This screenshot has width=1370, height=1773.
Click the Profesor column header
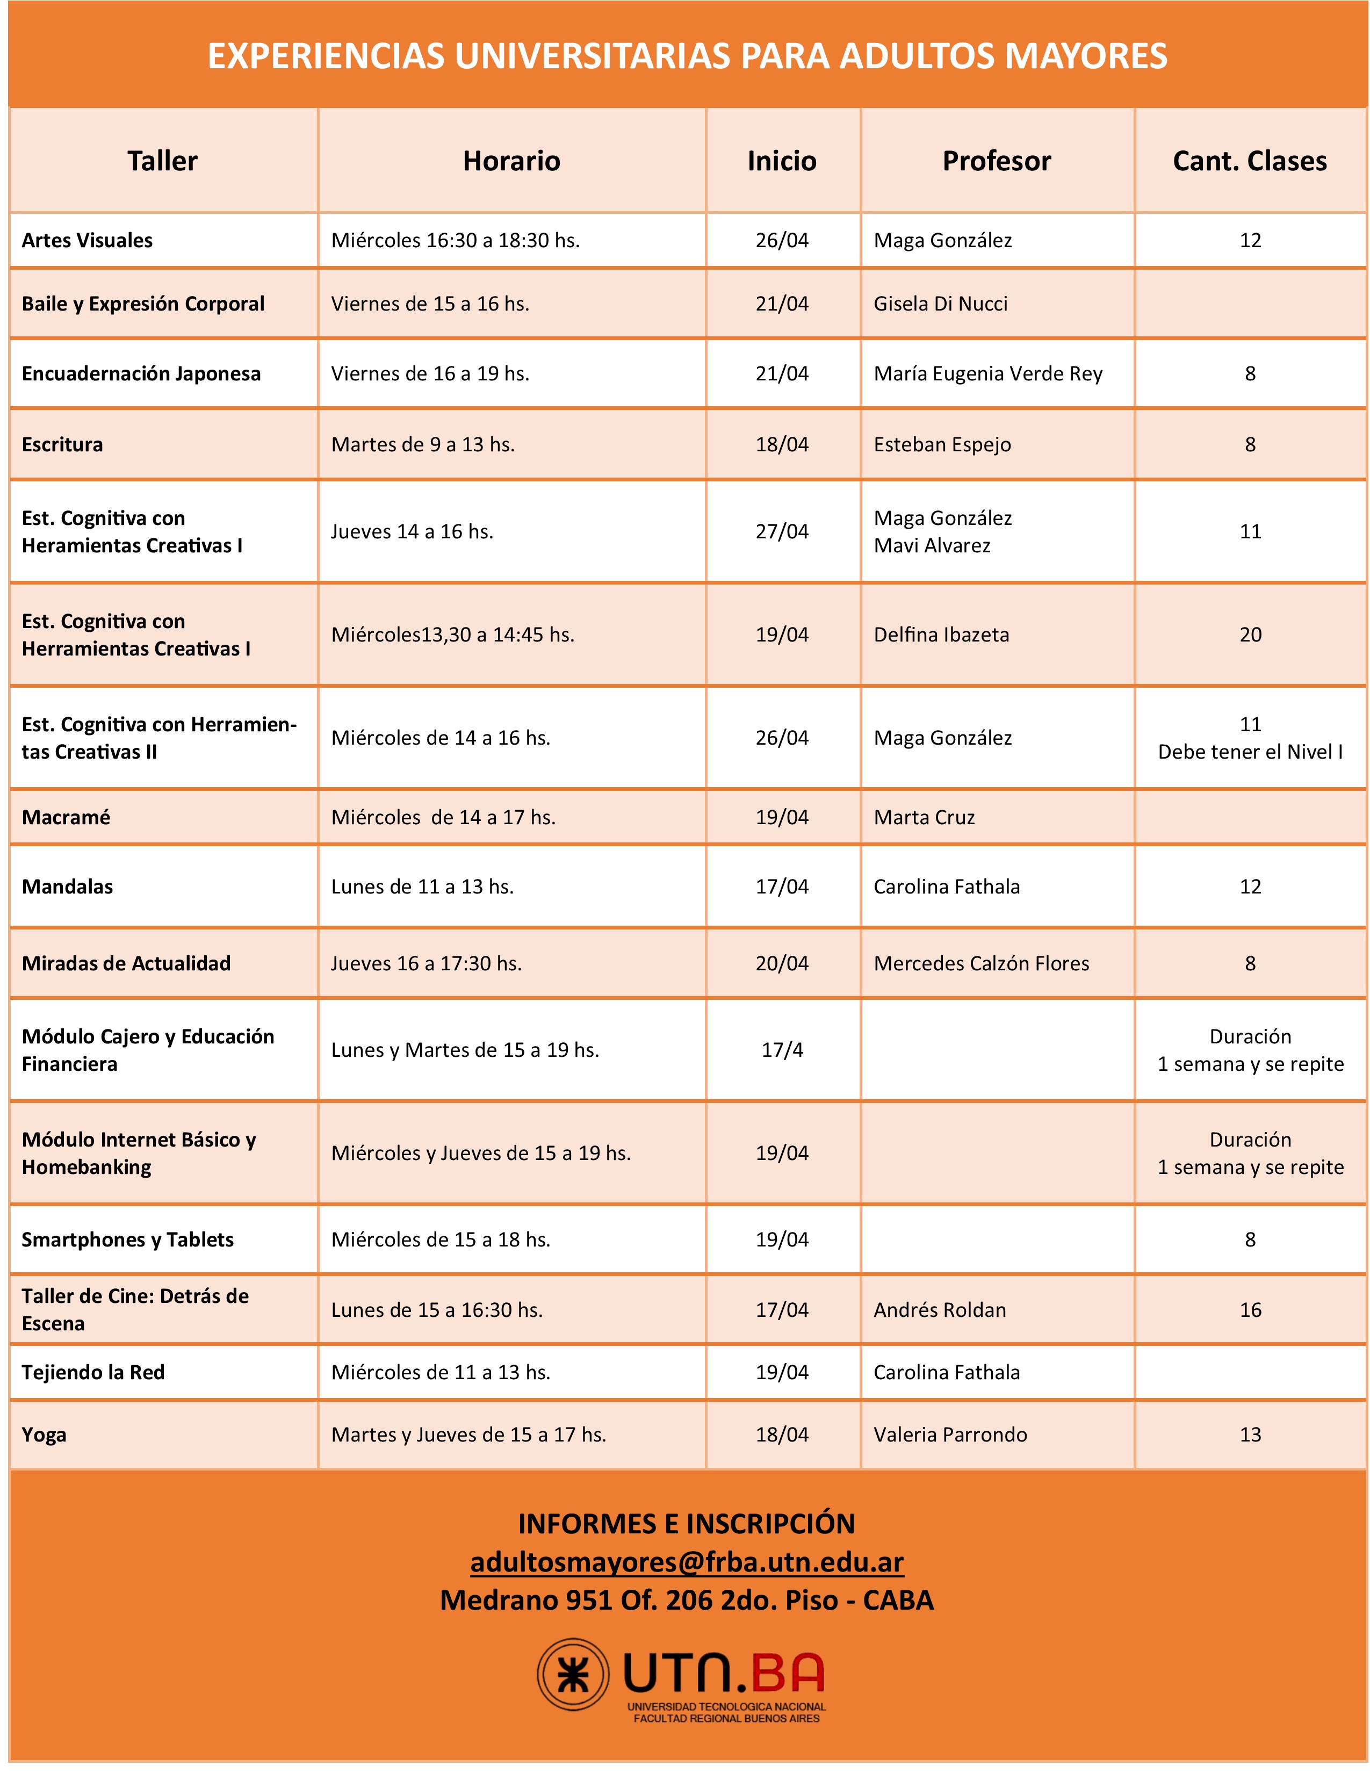coord(996,161)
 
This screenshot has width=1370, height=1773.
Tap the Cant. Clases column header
coord(1249,161)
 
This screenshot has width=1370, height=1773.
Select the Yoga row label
coord(44,1435)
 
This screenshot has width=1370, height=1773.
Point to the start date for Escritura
coord(782,444)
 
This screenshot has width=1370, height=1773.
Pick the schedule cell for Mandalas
coord(422,886)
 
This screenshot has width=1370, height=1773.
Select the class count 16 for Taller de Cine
coord(1250,1309)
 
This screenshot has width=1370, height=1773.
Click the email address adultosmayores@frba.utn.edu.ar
coord(687,1561)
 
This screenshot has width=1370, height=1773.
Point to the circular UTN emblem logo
coord(573,1675)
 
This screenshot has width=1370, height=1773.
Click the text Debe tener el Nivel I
coord(1250,752)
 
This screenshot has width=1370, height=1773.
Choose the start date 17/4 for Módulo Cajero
coord(782,1050)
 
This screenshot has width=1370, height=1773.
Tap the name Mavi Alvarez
coord(932,545)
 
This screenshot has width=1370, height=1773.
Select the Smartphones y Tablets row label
coord(127,1239)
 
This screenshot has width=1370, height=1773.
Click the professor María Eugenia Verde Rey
coord(987,373)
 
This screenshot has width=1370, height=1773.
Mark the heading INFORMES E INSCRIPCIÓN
coord(687,1524)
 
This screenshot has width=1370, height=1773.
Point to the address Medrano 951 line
coord(687,1600)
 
